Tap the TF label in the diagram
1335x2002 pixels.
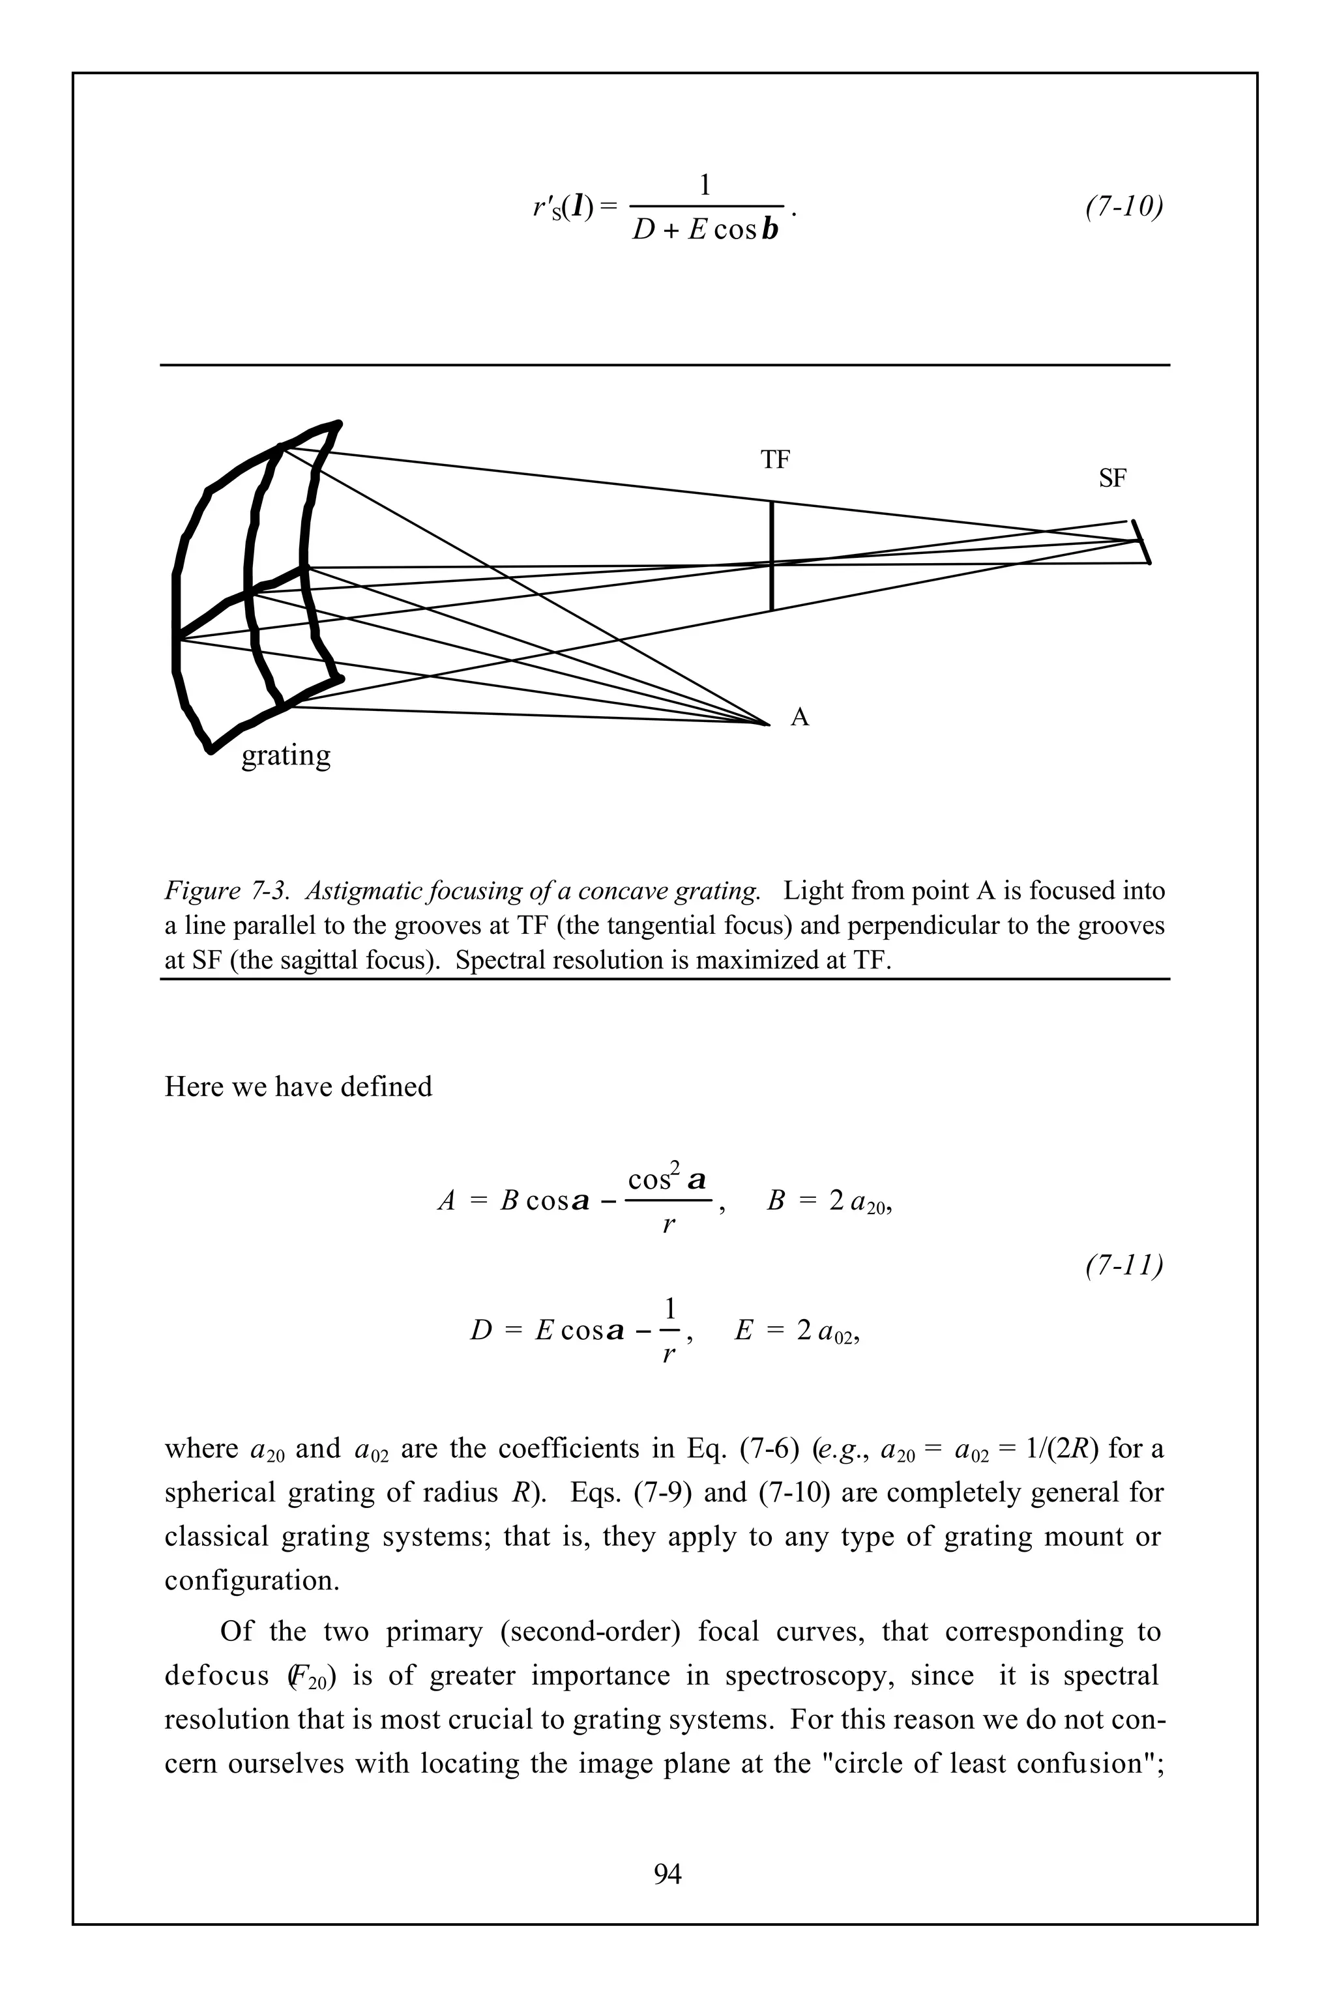[x=775, y=461]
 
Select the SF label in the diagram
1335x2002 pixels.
[x=1112, y=479]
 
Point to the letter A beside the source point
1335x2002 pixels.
[x=799, y=718]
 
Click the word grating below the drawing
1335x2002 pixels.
[x=286, y=756]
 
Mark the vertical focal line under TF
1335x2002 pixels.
[x=771, y=556]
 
